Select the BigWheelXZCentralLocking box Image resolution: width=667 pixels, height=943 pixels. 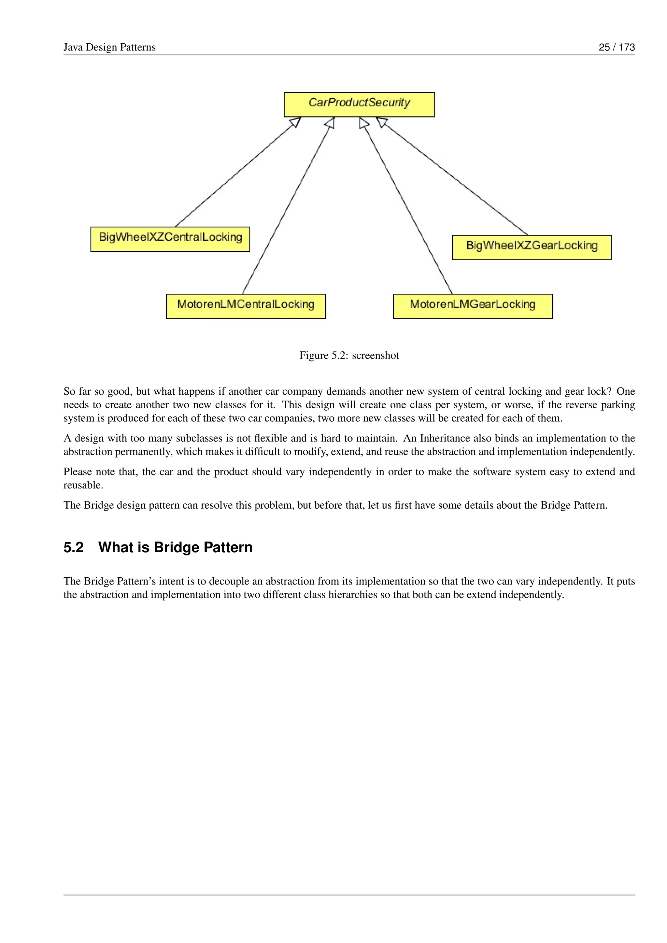coord(170,239)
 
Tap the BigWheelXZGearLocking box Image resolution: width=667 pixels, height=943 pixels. coord(532,247)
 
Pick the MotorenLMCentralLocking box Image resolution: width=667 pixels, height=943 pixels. coord(246,306)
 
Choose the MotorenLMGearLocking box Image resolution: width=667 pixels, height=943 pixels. coord(473,306)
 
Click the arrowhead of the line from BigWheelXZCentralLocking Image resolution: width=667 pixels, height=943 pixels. coord(296,122)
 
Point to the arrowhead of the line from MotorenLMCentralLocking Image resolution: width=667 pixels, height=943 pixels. coord(330,123)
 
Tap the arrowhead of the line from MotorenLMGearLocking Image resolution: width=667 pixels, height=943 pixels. coord(363,123)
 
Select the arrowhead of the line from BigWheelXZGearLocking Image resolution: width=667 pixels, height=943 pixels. coord(382,122)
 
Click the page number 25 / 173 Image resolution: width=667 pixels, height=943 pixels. coord(617,47)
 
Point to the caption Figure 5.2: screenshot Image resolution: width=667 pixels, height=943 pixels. coord(349,355)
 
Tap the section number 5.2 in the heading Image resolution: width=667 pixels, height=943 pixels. coord(74,547)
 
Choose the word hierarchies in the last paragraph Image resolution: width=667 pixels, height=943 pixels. coord(352,595)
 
